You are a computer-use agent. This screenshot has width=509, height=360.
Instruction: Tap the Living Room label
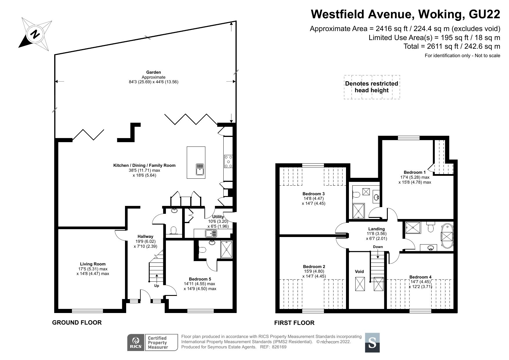93,264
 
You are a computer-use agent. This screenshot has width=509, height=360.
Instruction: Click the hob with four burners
228,161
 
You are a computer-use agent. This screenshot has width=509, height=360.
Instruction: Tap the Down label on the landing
378,247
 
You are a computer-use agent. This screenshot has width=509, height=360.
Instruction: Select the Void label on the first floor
359,272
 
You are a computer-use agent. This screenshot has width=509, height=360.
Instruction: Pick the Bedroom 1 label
414,172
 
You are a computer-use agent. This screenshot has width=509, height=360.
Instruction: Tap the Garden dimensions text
153,82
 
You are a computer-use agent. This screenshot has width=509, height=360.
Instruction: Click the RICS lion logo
136,342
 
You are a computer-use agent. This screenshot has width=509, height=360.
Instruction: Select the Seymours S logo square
372,343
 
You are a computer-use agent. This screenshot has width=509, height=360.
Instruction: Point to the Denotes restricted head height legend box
372,87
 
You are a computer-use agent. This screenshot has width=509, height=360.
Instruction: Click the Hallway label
145,236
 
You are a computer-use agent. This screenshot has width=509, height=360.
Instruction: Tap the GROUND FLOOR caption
77,323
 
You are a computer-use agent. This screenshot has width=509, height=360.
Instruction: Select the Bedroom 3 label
314,194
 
